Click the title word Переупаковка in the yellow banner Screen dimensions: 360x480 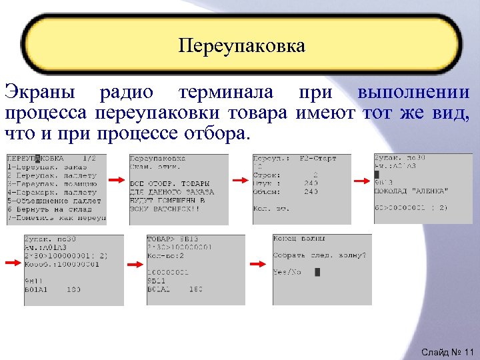click(241, 46)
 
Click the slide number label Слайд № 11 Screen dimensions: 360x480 click(447, 351)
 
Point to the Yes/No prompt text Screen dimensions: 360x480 click(287, 272)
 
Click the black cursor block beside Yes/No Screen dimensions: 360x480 click(317, 272)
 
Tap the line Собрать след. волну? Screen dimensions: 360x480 click(319, 255)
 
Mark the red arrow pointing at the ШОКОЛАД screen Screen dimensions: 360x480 click(362, 180)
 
